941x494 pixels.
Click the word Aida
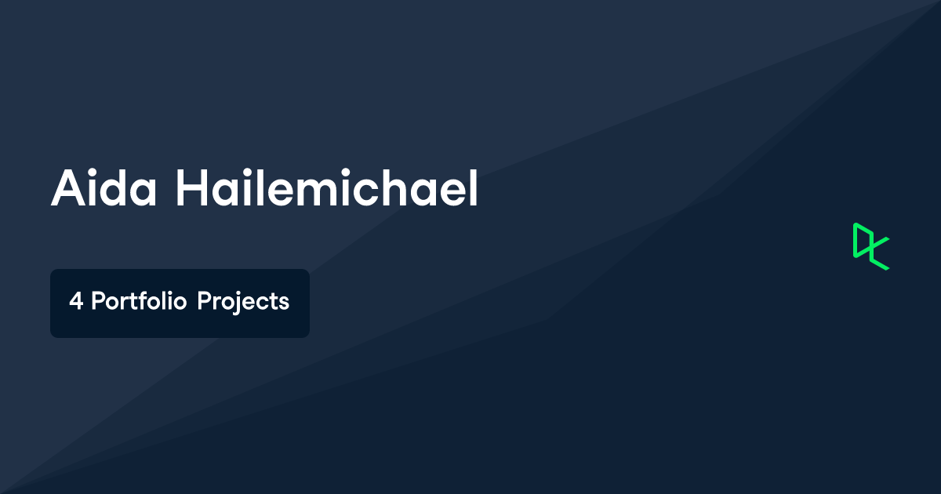point(105,188)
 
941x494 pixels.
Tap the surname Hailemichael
point(326,188)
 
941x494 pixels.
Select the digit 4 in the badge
point(75,302)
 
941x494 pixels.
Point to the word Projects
point(243,302)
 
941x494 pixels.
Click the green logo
point(870,246)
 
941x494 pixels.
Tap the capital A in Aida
point(67,188)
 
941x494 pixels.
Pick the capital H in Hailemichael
point(191,188)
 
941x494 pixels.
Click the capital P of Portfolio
point(97,302)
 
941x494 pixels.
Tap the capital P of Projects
point(204,302)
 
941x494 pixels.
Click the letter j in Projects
point(236,303)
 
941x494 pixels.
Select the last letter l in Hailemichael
point(473,188)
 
